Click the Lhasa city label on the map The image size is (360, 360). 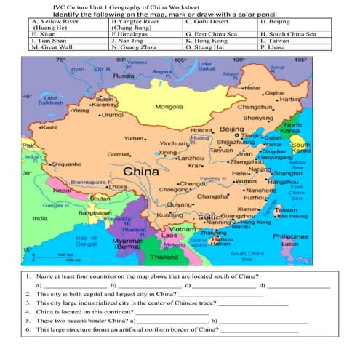coord(117,187)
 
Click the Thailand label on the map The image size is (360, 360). coord(164,257)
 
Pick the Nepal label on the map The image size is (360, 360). coord(63,190)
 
